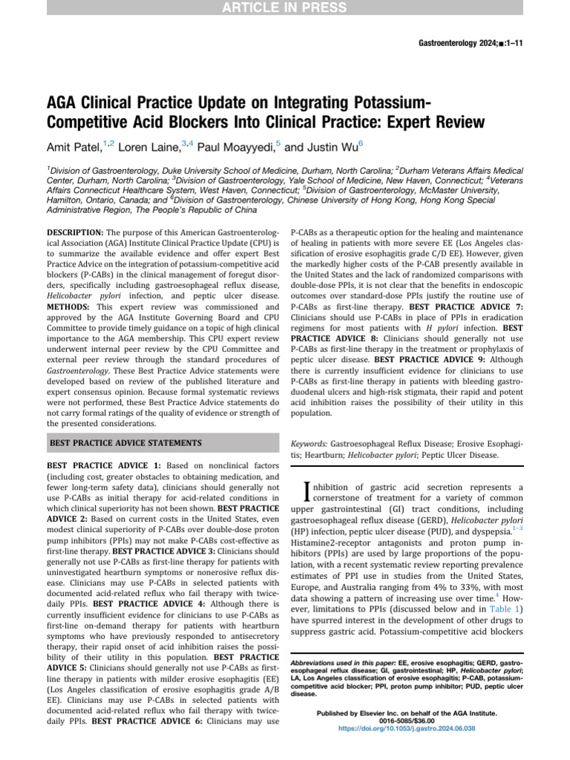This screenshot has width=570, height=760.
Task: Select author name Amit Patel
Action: [x=73, y=146]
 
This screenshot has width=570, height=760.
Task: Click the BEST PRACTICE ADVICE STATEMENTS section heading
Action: [x=125, y=443]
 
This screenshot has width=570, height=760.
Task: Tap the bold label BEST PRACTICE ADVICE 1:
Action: [x=99, y=465]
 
